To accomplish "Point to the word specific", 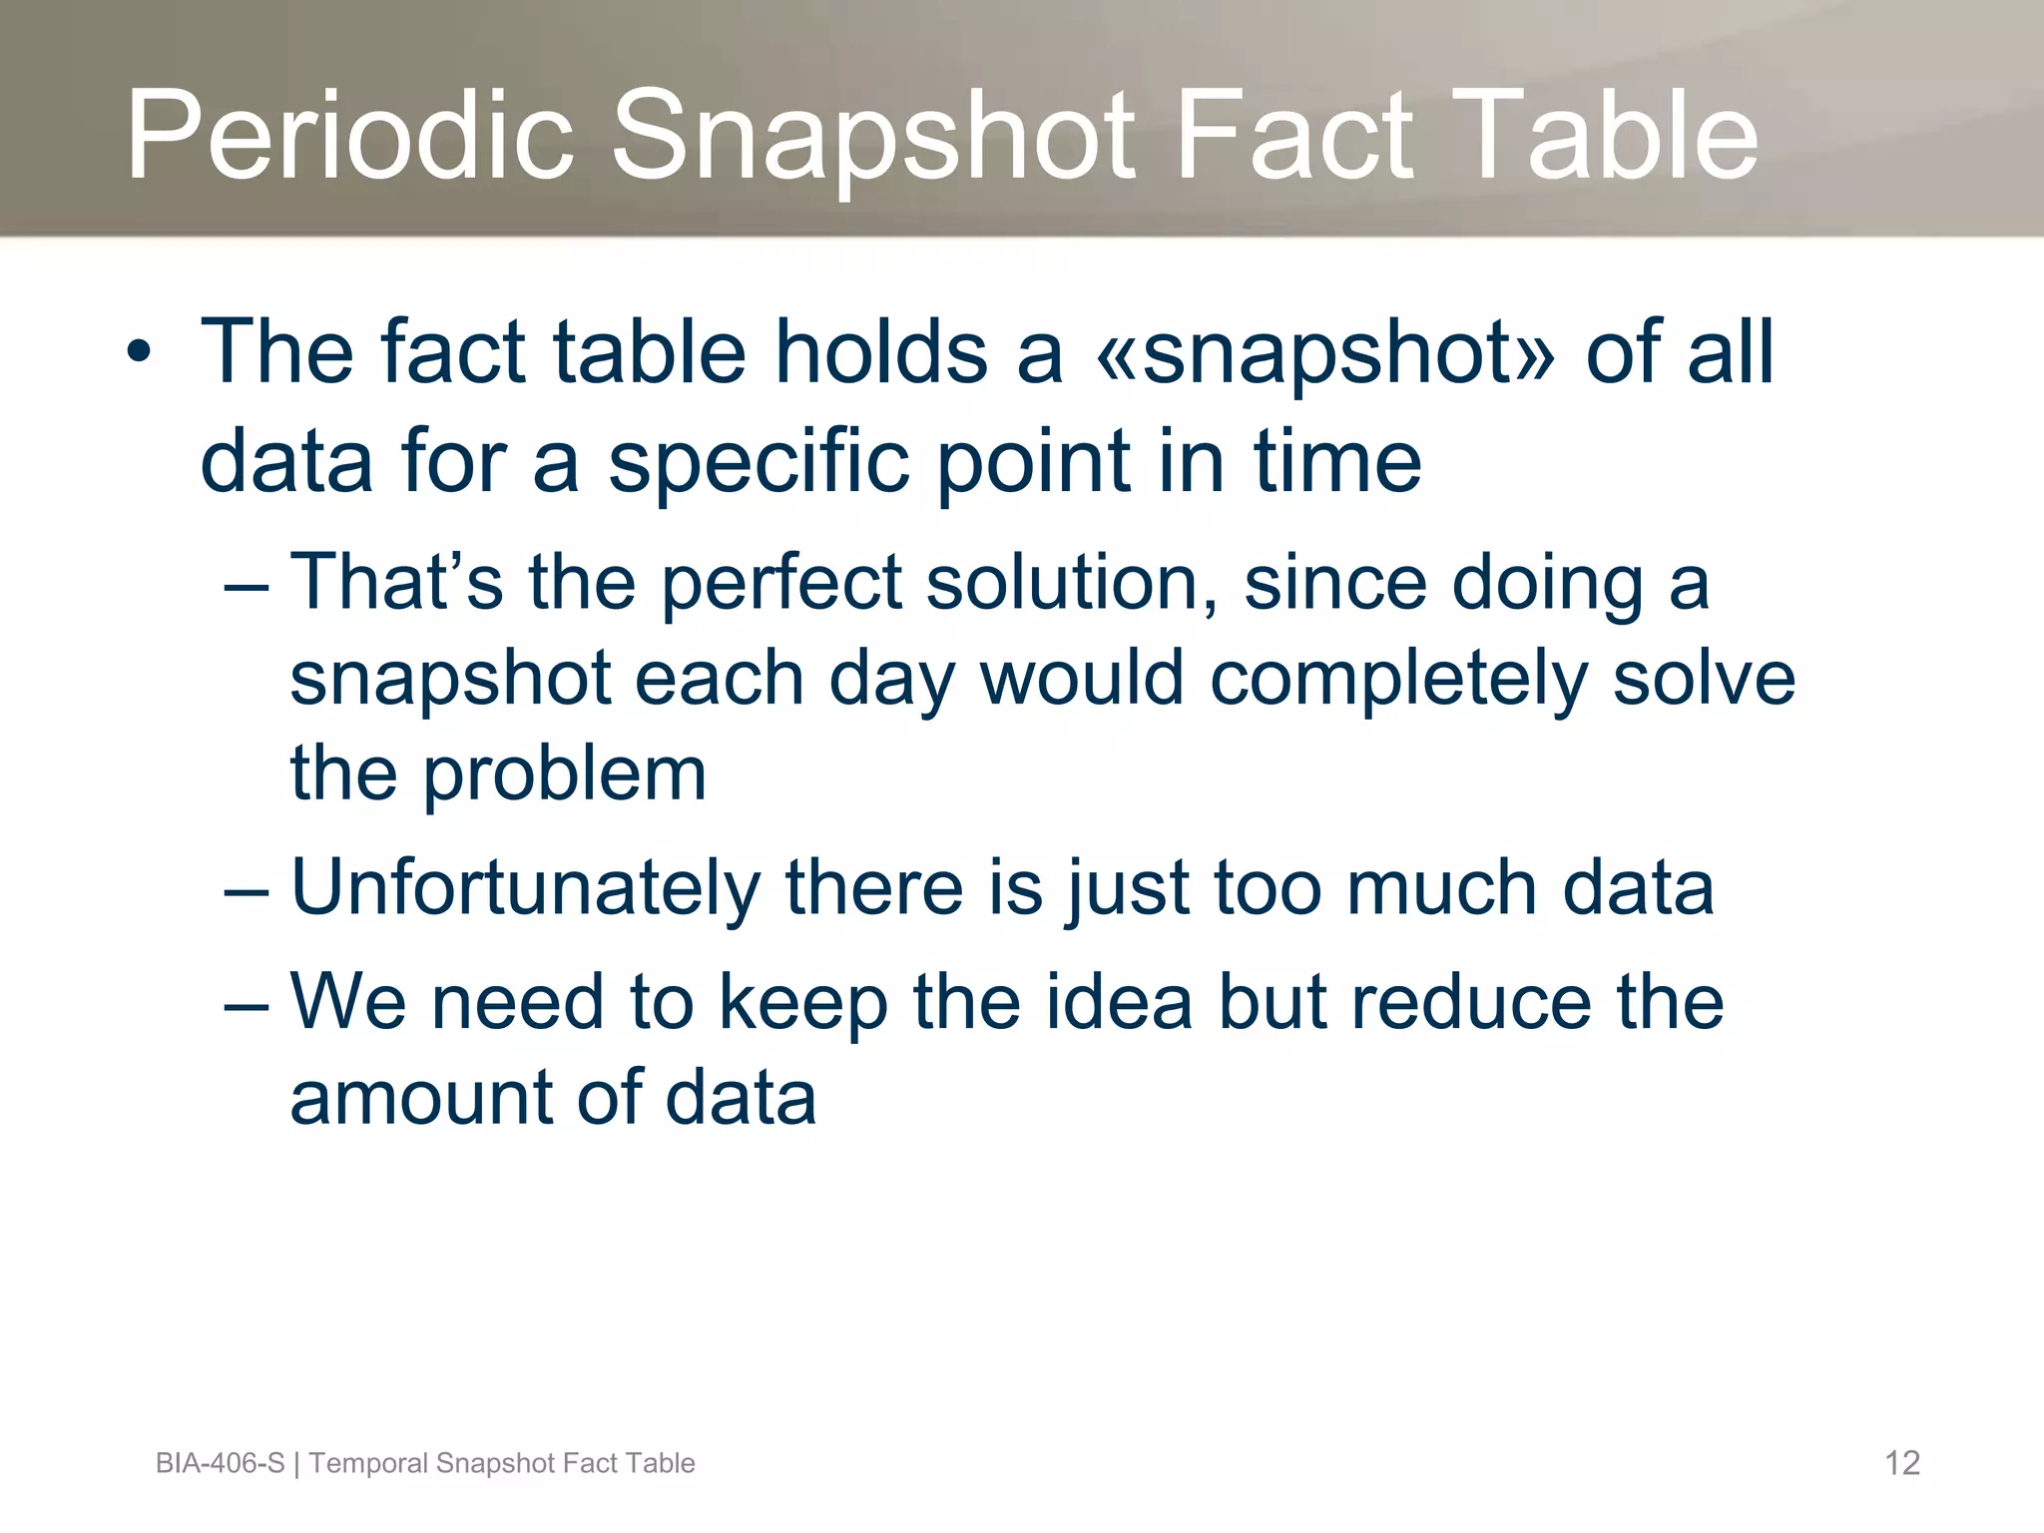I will point(759,461).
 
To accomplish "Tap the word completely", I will point(1398,679).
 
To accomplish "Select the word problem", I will point(565,774).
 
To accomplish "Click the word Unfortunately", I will point(525,888).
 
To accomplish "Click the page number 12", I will point(1901,1463).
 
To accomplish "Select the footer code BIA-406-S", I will point(220,1463).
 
